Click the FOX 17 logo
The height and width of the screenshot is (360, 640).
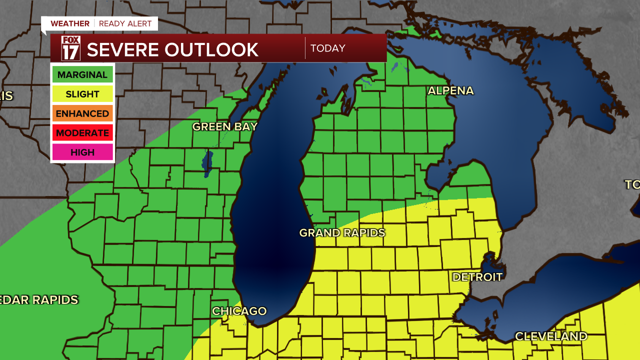[x=70, y=48]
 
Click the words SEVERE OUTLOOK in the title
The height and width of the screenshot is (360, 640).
[x=172, y=49]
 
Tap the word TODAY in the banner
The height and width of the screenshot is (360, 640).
[x=328, y=48]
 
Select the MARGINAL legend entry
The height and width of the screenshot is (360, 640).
[x=82, y=75]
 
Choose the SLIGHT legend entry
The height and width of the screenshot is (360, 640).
[x=82, y=94]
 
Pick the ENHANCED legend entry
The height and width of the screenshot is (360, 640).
[x=82, y=113]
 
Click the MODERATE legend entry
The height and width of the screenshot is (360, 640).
[x=82, y=133]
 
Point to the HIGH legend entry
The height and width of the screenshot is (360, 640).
[x=82, y=152]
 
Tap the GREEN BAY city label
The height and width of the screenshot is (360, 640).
[x=225, y=127]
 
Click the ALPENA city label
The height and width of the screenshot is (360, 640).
[x=450, y=91]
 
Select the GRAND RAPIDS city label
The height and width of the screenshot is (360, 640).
[x=342, y=233]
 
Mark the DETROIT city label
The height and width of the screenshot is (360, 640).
[x=477, y=277]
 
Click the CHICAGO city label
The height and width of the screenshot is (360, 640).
[x=239, y=311]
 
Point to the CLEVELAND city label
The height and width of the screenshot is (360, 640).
[x=551, y=336]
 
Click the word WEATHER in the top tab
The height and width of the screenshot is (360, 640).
[x=70, y=23]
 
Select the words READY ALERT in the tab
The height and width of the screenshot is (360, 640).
[x=125, y=23]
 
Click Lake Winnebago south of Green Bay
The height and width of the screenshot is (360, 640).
[x=207, y=163]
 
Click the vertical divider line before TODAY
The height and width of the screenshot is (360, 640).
[x=305, y=48]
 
